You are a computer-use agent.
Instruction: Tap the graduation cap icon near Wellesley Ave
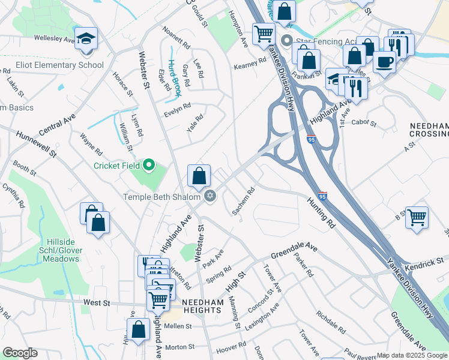[x=86, y=38]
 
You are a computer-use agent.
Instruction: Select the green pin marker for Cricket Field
[x=150, y=165]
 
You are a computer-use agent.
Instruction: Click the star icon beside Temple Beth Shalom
[x=210, y=196]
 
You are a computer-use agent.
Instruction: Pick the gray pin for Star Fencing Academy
[x=286, y=41]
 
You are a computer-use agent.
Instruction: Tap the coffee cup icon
[x=384, y=61]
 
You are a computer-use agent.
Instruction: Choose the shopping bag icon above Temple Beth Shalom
[x=199, y=176]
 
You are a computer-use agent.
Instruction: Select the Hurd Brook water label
[x=175, y=78]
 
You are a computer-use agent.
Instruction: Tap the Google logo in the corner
[x=20, y=353]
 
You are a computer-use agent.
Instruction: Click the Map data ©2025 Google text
[x=411, y=355]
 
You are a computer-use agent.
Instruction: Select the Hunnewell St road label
[x=37, y=145]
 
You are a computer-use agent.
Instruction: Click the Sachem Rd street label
[x=244, y=202]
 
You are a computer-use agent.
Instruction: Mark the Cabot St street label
[x=363, y=124]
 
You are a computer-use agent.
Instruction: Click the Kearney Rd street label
[x=250, y=63]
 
